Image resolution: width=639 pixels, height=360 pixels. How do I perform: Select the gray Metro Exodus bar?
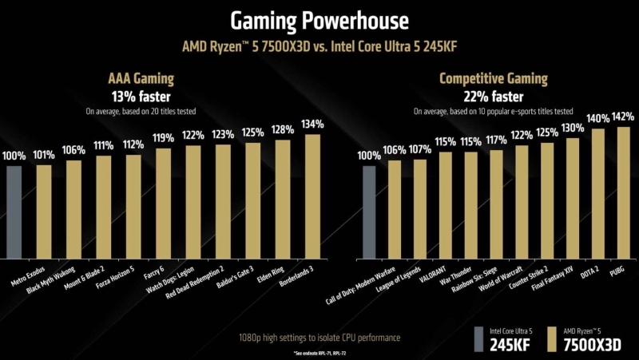point(14,211)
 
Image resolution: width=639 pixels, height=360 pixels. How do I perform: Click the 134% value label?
point(313,125)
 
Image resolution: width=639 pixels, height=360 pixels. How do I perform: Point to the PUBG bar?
point(624,192)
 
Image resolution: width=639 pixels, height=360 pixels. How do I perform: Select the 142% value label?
point(624,117)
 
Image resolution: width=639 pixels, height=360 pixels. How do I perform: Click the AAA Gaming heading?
point(141,79)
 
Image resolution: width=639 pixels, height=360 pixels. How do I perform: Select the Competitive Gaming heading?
point(492,79)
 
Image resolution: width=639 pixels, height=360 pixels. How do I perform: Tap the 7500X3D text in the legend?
point(594,344)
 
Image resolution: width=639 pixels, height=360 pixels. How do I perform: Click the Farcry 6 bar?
point(163,204)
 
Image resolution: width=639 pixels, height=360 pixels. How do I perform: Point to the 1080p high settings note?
point(319,338)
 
